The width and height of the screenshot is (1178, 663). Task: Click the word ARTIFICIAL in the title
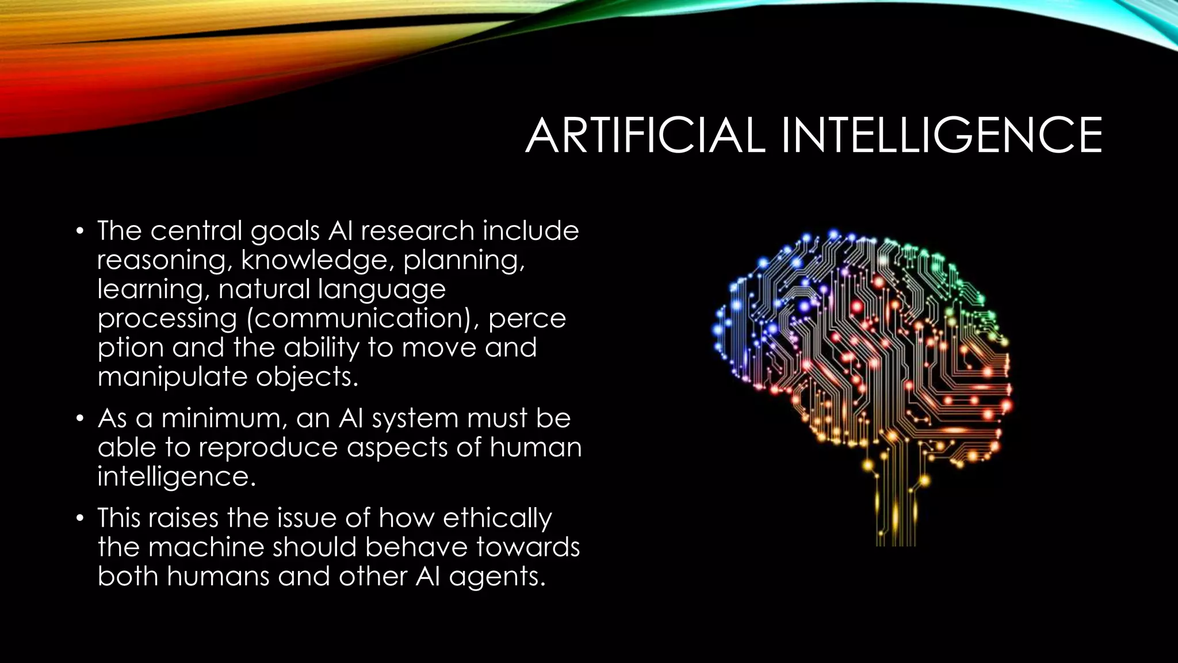645,136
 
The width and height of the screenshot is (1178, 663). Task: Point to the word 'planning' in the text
464,261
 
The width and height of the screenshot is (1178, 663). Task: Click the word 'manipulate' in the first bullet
172,377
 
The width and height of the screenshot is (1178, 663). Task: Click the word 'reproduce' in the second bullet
268,448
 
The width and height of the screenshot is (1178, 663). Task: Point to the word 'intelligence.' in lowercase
177,477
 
